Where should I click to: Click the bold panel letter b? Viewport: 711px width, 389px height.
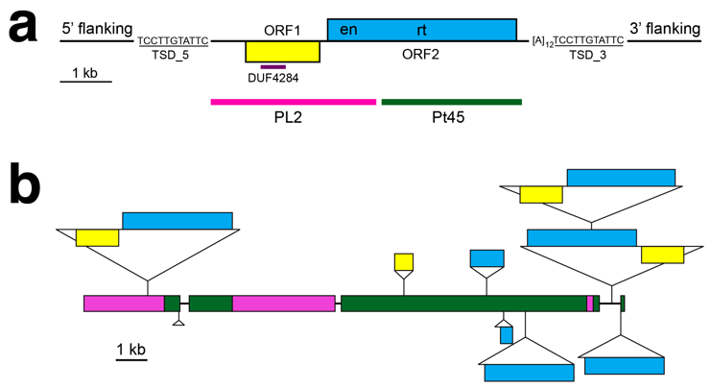(x=29, y=184)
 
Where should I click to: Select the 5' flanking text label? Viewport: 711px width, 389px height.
(x=96, y=29)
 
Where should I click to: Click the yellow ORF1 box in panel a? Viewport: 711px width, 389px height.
(x=282, y=52)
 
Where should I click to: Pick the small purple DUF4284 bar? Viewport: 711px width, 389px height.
(x=273, y=67)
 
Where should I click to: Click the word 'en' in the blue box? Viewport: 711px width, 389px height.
(x=349, y=30)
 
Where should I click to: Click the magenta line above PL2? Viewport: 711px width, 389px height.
(x=293, y=100)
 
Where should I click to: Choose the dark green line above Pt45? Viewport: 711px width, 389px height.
(x=451, y=100)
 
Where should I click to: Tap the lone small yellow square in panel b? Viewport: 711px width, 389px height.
(x=404, y=262)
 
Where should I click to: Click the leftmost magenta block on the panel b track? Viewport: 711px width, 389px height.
(x=124, y=303)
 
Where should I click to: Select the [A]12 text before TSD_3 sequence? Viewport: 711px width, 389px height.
(x=543, y=41)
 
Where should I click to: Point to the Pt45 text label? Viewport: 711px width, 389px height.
(x=451, y=118)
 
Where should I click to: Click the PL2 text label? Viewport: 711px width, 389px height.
(x=293, y=118)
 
